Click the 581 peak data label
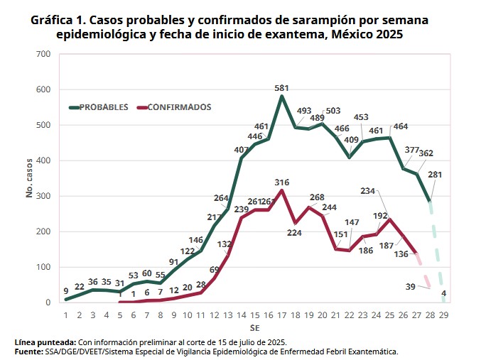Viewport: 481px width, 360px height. pos(282,88)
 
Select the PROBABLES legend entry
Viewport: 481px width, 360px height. pos(103,107)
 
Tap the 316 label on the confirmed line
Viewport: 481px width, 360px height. pos(282,182)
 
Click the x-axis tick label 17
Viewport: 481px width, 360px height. pos(282,315)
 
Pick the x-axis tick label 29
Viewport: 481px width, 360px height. pos(445,315)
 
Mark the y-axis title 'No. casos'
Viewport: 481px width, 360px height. pos(29,178)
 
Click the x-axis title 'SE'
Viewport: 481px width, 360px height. pos(254,329)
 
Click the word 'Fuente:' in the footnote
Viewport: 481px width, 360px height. pos(32,351)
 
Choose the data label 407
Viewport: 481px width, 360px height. pos(242,150)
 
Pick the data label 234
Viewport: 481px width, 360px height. pos(368,190)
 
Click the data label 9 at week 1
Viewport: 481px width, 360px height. pos(65,290)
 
